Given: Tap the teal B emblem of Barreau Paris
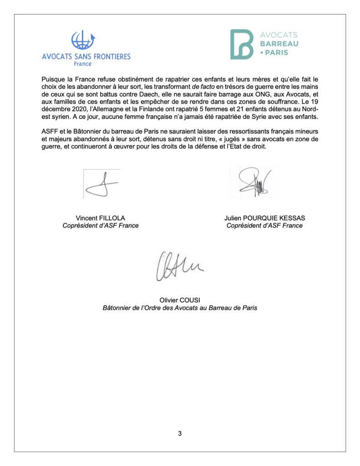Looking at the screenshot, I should [x=241, y=44].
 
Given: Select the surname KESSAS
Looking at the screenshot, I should [x=289, y=218].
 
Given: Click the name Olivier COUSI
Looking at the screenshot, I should [x=179, y=300].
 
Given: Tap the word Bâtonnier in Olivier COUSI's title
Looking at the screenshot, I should [x=117, y=308].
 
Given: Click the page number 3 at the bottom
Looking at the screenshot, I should [x=180, y=434].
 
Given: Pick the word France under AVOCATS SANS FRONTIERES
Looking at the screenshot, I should [x=82, y=64].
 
